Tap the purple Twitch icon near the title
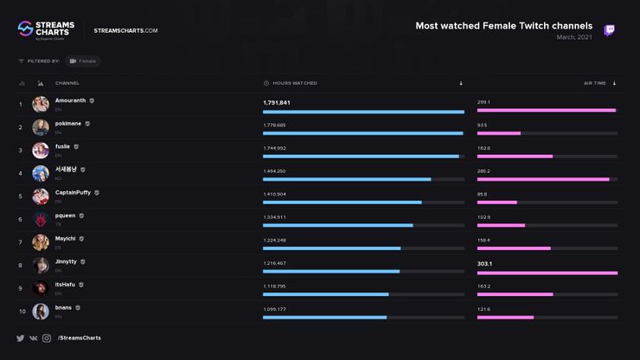[610, 31]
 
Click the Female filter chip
[83, 61]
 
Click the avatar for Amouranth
[40, 105]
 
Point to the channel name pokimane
[67, 124]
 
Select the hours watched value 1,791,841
[277, 102]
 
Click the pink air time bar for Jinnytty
[547, 272]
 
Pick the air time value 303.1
[484, 263]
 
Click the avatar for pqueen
[40, 219]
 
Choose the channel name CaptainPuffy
[74, 192]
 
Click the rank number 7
[21, 242]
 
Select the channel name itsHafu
[67, 284]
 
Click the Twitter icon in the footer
[20, 337]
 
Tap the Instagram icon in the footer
[47, 337]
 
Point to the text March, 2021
[574, 37]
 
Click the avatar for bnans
[40, 312]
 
